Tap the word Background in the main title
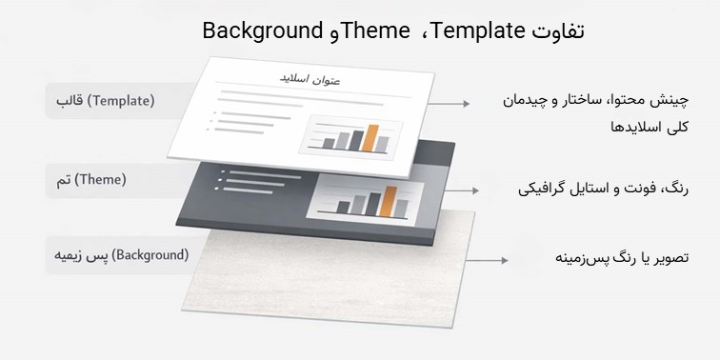click(263, 31)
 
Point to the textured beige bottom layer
click(343, 286)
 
